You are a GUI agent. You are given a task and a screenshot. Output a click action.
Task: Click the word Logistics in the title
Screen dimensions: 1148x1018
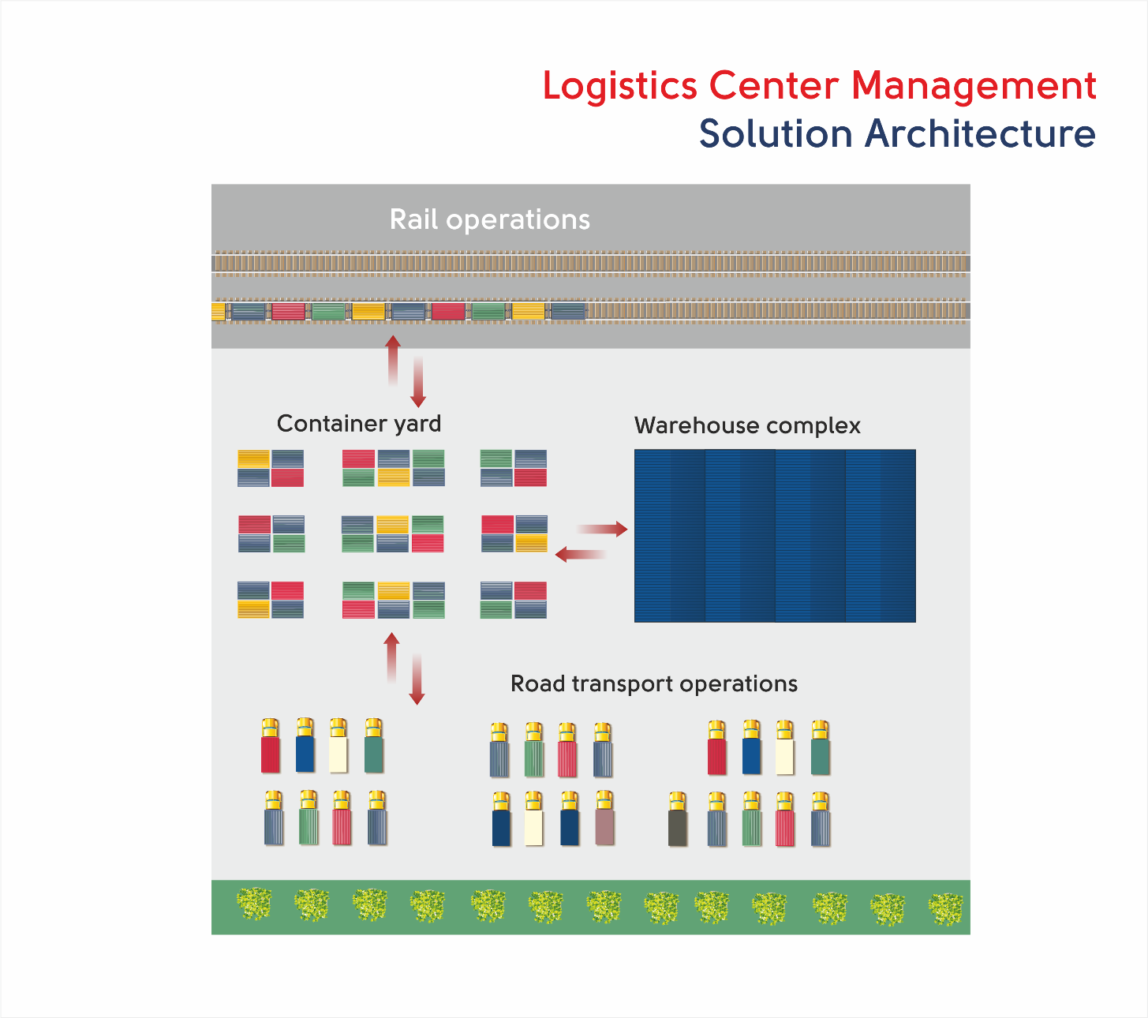(x=620, y=87)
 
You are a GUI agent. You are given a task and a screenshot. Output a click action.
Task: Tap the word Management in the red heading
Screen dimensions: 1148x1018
(x=974, y=85)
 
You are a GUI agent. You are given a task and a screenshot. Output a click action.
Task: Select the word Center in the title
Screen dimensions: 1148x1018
(x=774, y=85)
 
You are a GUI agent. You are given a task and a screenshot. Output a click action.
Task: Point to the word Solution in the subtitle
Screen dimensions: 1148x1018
(x=776, y=134)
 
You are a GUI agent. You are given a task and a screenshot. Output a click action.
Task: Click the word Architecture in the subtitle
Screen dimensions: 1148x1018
(x=980, y=134)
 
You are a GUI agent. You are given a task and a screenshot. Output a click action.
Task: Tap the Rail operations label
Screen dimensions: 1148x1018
(x=489, y=219)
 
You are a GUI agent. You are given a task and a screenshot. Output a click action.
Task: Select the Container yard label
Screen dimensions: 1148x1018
(x=359, y=424)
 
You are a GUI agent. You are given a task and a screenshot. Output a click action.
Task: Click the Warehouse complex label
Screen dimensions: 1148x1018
(x=747, y=425)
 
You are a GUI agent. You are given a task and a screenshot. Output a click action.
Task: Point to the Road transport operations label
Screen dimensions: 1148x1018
(x=654, y=683)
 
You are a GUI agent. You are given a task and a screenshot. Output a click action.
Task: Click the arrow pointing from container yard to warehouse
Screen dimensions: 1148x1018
(x=602, y=529)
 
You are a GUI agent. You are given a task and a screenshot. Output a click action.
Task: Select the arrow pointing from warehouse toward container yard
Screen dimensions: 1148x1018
(x=581, y=554)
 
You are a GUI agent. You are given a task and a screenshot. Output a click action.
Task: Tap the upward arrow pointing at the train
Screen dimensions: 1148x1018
(x=393, y=361)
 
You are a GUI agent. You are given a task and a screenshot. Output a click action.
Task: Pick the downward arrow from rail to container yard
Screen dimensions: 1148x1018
(x=418, y=382)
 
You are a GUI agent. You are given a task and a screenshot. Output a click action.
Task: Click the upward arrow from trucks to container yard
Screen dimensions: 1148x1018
(x=391, y=657)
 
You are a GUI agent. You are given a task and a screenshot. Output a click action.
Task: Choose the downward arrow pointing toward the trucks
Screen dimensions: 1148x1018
(x=417, y=679)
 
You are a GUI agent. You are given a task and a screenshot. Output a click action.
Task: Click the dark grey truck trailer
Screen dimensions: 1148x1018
(x=678, y=828)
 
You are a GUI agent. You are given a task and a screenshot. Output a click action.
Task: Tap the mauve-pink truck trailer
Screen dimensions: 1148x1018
(x=604, y=826)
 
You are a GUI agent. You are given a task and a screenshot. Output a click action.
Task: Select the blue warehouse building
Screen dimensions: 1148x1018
(x=775, y=536)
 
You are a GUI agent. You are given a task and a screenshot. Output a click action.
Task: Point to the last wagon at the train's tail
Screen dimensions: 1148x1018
(x=568, y=311)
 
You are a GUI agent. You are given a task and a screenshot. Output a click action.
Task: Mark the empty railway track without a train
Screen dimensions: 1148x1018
(x=590, y=264)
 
